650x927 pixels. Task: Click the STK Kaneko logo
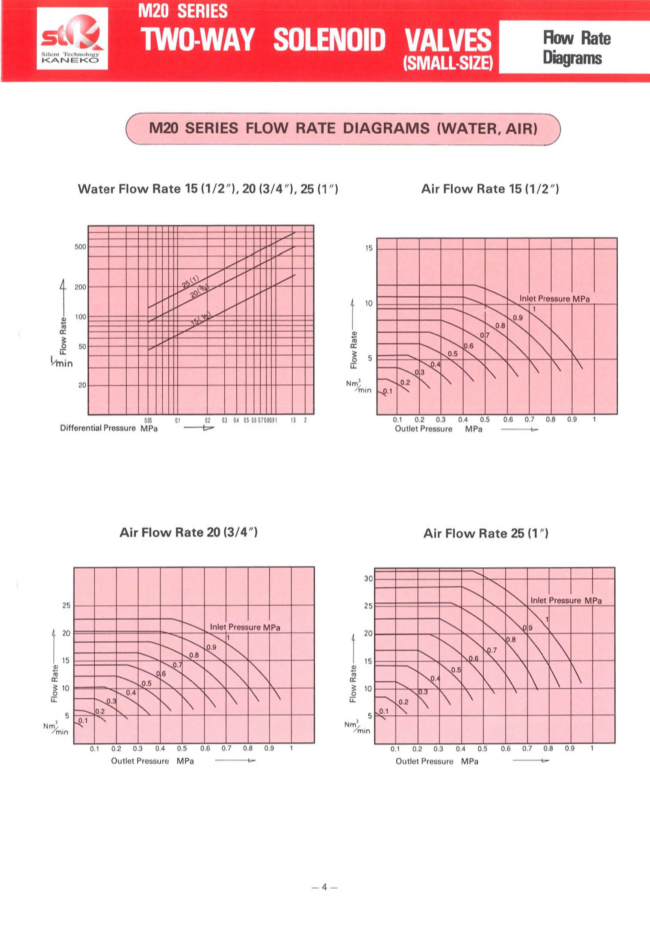[x=72, y=38]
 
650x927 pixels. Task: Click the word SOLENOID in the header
[x=329, y=40]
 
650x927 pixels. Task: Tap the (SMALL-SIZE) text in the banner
[x=448, y=63]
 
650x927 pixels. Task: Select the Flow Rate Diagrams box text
[x=576, y=47]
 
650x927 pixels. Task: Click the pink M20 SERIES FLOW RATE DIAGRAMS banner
[x=343, y=129]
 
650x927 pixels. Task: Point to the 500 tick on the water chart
[x=80, y=247]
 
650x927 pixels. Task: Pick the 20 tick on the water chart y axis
[x=82, y=385]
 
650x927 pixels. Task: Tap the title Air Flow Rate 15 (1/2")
[x=490, y=189]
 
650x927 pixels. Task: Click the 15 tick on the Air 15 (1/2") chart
[x=369, y=248]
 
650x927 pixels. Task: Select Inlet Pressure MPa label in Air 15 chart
[x=554, y=299]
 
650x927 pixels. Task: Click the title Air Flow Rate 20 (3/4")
[x=189, y=532]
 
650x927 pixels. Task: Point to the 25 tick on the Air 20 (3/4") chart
[x=66, y=605]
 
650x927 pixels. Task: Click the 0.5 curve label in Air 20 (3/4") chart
[x=147, y=683]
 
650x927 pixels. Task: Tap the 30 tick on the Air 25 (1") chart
[x=368, y=579]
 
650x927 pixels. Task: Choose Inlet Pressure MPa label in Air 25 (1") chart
[x=565, y=600]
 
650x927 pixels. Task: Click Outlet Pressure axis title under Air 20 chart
[x=152, y=761]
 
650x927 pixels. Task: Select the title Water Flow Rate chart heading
[x=208, y=189]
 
